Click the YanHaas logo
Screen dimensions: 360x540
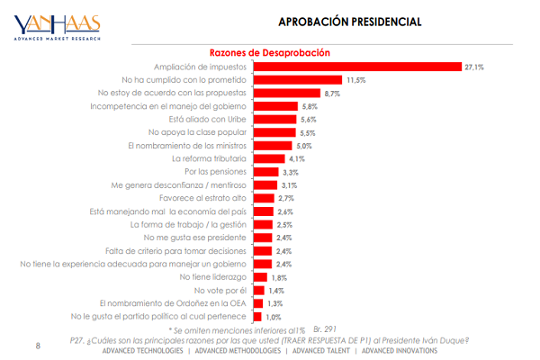pos(57,26)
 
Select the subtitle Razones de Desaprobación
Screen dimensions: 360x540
pos(271,53)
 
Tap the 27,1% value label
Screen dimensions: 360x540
pos(474,67)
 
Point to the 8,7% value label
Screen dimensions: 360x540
pos(332,93)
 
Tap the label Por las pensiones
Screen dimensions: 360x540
pos(217,171)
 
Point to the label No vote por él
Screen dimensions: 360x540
pos(221,291)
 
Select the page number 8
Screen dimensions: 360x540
pos(38,345)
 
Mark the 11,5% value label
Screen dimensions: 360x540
pos(356,80)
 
